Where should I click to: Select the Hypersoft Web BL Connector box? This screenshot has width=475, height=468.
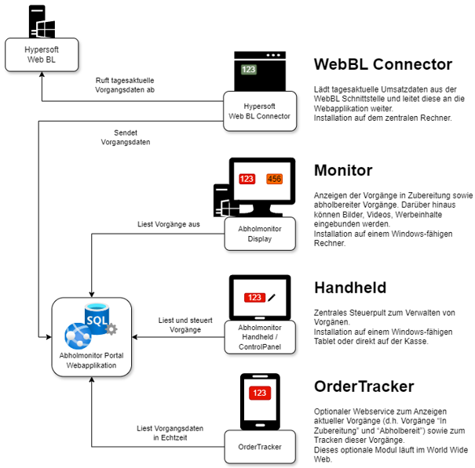pyautogui.click(x=259, y=111)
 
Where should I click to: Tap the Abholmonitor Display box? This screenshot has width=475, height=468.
pyautogui.click(x=259, y=234)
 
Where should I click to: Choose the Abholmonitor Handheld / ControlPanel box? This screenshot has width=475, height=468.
pyautogui.click(x=259, y=337)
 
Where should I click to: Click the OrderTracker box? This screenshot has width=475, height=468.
pyautogui.click(x=259, y=447)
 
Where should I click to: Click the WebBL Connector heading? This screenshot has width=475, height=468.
pyautogui.click(x=382, y=64)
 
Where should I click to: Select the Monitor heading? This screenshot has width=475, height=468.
pyautogui.click(x=343, y=170)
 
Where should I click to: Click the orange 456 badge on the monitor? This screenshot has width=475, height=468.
pyautogui.click(x=274, y=180)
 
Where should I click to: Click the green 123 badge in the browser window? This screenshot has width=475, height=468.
pyautogui.click(x=249, y=70)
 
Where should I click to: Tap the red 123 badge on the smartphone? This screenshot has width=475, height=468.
pyautogui.click(x=259, y=393)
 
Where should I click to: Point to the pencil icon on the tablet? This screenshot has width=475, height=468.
pyautogui.click(x=272, y=297)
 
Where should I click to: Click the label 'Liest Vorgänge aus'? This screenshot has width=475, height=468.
pyautogui.click(x=168, y=224)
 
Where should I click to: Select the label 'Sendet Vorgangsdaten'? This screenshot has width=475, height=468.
pyautogui.click(x=126, y=137)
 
